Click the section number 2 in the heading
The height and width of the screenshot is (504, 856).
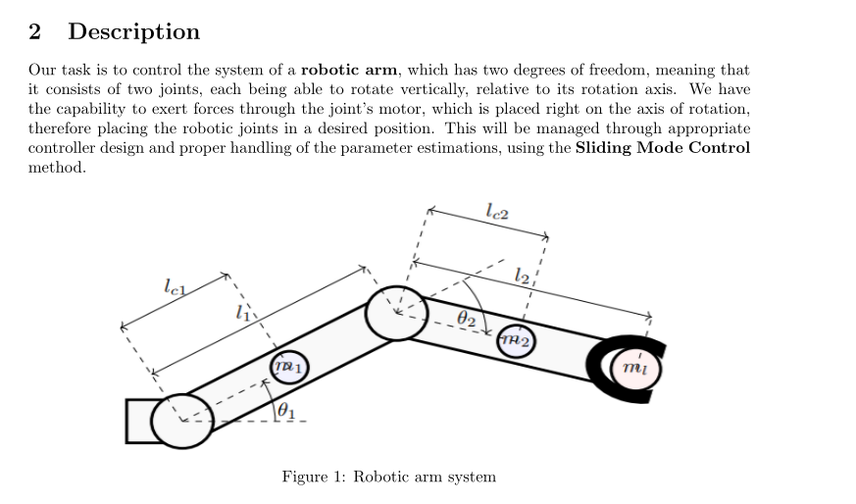(x=35, y=32)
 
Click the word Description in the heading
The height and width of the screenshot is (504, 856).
(x=133, y=32)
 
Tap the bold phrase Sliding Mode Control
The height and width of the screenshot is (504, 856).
(x=663, y=148)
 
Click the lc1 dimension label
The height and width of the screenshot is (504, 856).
(x=176, y=287)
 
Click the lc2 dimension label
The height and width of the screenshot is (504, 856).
(x=496, y=209)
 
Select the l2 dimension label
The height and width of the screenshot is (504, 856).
(x=523, y=277)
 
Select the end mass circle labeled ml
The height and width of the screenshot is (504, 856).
(x=635, y=368)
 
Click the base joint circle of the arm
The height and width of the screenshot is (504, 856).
(x=181, y=421)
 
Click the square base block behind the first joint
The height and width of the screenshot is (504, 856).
(x=139, y=421)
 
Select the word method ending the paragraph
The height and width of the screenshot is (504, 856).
(x=56, y=168)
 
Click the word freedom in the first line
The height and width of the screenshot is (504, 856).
(x=619, y=71)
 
